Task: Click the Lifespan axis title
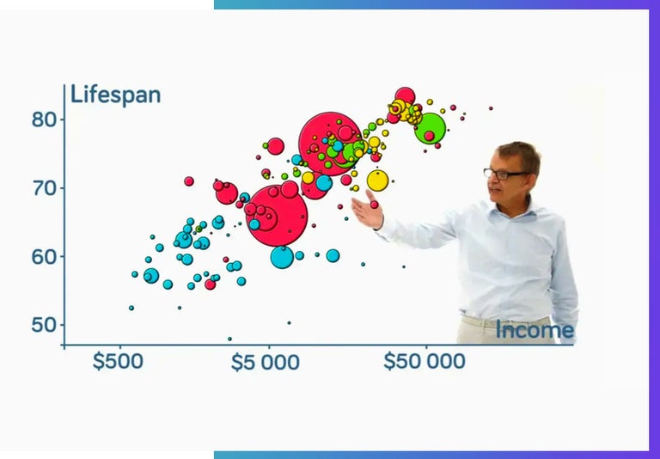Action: tap(115, 95)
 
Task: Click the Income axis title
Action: tap(534, 330)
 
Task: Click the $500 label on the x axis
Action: tap(118, 361)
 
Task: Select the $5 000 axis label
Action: tap(266, 362)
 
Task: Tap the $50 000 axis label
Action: tap(424, 361)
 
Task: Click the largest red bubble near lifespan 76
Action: tap(330, 144)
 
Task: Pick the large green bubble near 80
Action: tap(431, 128)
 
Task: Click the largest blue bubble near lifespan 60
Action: tap(282, 256)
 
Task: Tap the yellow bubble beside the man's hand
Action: tap(377, 181)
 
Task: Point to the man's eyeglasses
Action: tap(505, 174)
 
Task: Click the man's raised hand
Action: tap(367, 209)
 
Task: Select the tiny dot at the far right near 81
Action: tap(491, 108)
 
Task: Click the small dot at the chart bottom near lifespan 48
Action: tap(229, 339)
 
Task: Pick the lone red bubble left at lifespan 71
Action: tap(189, 181)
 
